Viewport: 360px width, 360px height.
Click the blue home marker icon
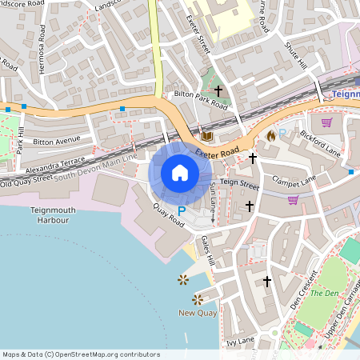click(x=180, y=173)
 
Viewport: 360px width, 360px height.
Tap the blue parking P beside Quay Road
click(x=182, y=211)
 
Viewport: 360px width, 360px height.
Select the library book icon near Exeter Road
click(x=206, y=136)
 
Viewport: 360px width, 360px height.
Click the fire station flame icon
click(x=271, y=136)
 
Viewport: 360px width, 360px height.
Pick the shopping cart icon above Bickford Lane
click(x=326, y=122)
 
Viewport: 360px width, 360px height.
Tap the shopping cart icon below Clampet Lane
click(x=293, y=199)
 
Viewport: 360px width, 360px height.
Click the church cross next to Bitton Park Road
click(x=217, y=92)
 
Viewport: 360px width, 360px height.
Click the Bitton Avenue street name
click(x=58, y=141)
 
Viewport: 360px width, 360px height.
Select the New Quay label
click(x=197, y=313)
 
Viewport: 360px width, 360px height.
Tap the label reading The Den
click(x=324, y=293)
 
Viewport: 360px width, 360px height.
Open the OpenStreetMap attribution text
click(x=80, y=354)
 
